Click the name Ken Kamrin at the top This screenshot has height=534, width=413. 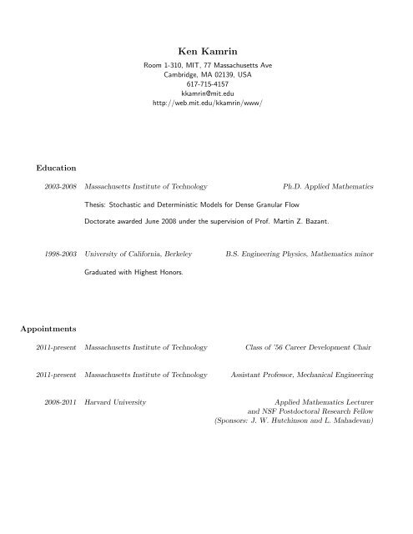point(207,48)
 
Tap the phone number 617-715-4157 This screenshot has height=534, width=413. point(207,84)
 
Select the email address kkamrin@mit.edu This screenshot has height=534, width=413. point(207,94)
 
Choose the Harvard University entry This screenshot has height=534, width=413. point(116,403)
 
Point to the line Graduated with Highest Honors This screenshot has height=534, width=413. point(133,273)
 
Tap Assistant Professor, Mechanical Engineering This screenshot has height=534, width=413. point(302,375)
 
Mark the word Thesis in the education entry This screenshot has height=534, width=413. point(97,204)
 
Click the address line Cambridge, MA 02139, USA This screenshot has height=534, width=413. point(207,74)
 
